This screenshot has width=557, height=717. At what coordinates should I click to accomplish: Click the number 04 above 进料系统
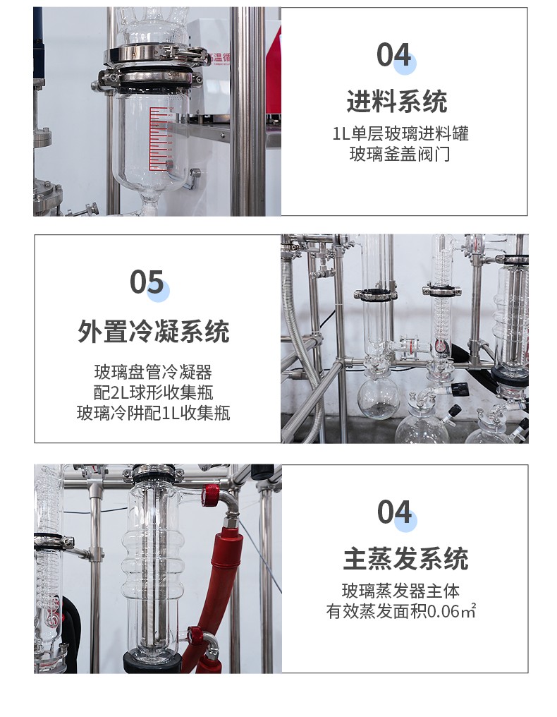(394, 55)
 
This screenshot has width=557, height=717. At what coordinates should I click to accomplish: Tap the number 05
(147, 282)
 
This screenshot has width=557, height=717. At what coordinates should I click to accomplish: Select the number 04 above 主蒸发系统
(395, 512)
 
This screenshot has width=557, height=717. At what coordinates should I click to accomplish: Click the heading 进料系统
(397, 101)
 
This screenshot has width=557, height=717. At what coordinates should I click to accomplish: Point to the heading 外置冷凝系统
(154, 331)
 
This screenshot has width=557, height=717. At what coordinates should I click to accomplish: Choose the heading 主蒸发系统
(405, 559)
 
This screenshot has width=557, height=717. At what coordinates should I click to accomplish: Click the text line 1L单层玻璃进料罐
(400, 133)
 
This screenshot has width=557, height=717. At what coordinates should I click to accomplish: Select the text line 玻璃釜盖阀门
(400, 154)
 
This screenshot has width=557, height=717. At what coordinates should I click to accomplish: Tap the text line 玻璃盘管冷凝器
(153, 372)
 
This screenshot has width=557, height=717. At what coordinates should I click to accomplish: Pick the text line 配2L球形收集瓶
(153, 392)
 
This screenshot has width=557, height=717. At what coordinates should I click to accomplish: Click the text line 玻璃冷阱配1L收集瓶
(153, 413)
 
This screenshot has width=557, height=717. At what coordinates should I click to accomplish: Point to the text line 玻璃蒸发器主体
(400, 591)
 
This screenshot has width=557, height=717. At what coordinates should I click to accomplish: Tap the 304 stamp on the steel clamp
(173, 73)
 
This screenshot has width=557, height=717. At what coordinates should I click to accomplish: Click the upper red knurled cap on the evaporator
(211, 495)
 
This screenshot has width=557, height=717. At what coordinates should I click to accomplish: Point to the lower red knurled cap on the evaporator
(196, 636)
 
